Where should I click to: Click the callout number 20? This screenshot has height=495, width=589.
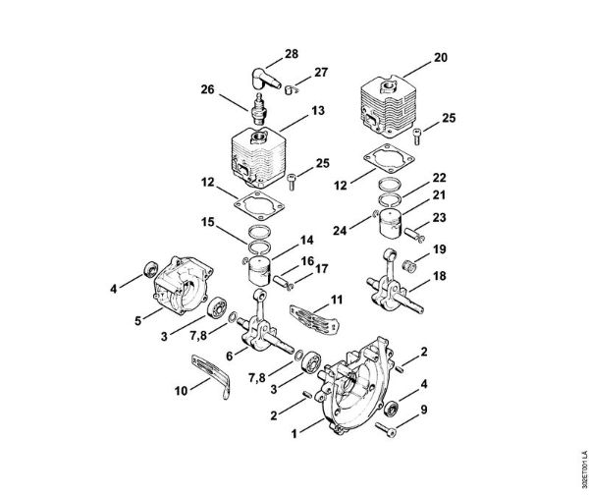439,58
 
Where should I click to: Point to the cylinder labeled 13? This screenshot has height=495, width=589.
258,159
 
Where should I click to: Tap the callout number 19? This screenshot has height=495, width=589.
441,249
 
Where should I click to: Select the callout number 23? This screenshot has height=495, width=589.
441,217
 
